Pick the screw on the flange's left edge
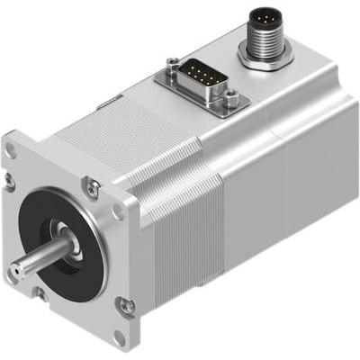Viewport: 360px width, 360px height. [x=10, y=180]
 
